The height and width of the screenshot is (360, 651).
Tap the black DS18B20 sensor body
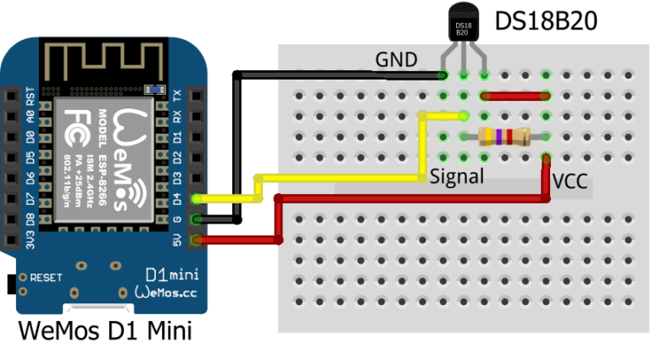[x=463, y=29]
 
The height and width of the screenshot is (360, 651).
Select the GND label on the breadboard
[x=397, y=59]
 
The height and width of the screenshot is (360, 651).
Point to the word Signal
[x=457, y=176]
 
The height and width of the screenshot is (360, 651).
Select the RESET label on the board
[x=46, y=277]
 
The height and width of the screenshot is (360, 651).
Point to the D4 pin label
[x=177, y=199]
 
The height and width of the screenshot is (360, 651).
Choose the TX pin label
[x=177, y=95]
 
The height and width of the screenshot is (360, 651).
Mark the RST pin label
[x=31, y=95]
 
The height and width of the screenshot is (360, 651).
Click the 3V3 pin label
[x=31, y=242]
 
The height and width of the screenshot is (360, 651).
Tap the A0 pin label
[x=31, y=116]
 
